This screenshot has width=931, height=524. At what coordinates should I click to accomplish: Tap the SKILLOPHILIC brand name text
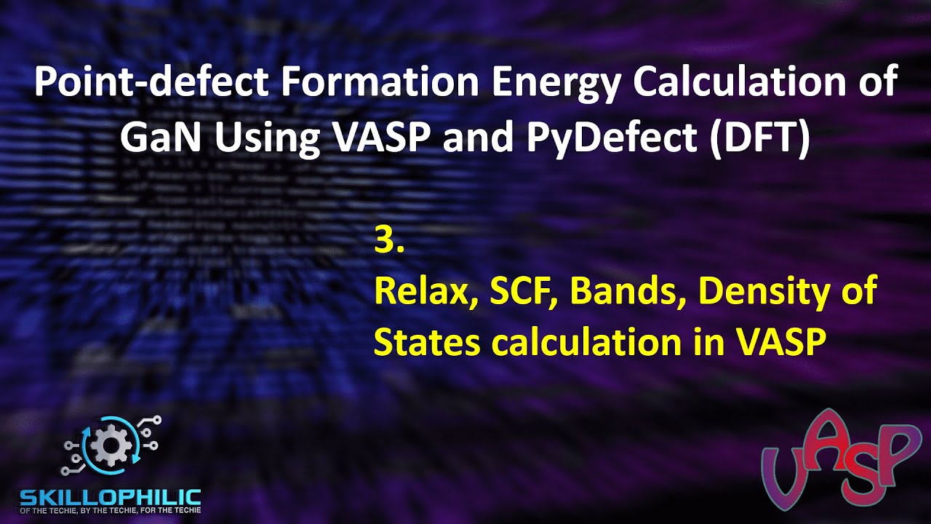pyautogui.click(x=110, y=498)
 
